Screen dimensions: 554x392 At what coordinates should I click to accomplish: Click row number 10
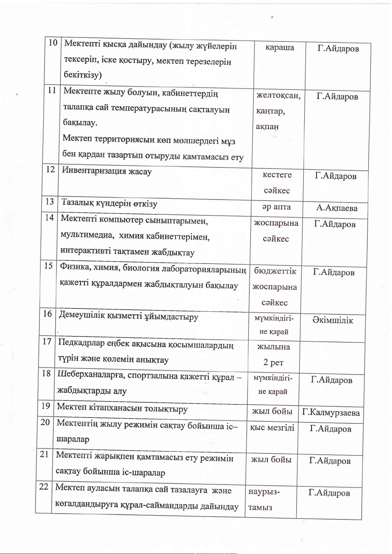[x=53, y=42]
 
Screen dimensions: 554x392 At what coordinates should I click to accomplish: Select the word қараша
[x=279, y=48]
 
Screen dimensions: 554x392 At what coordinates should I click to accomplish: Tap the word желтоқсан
[x=278, y=95]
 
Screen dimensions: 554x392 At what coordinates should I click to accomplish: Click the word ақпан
[x=267, y=127]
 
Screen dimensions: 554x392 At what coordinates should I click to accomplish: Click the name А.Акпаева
[x=337, y=208]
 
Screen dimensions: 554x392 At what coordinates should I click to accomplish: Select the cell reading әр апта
[x=276, y=207]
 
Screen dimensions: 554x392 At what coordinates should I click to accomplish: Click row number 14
[x=49, y=218]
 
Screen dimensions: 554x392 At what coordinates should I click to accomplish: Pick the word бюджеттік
[x=275, y=271]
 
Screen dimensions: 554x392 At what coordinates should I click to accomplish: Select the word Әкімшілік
[x=333, y=320]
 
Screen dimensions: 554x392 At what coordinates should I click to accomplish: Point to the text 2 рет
[x=273, y=362]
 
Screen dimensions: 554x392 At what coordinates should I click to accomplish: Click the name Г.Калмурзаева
[x=331, y=413]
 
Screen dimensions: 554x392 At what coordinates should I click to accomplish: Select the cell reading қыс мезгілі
[x=272, y=428]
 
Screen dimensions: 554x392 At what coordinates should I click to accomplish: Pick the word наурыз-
[x=264, y=492]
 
